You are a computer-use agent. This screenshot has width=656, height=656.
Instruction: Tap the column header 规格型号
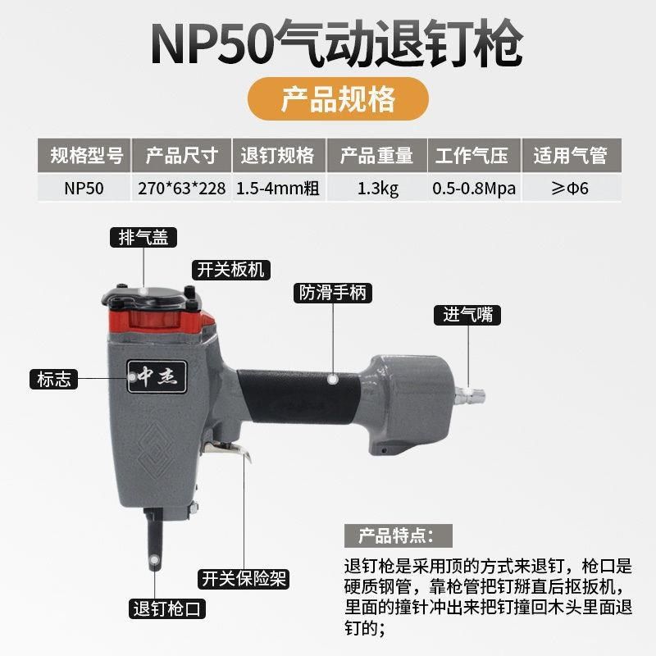(85, 155)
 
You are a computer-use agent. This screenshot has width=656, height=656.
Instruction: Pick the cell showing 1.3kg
(377, 188)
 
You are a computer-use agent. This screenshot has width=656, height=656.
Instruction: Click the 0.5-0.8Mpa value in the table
(474, 188)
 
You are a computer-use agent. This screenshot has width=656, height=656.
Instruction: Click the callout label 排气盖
(144, 238)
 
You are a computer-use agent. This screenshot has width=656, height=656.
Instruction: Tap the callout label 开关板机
(230, 269)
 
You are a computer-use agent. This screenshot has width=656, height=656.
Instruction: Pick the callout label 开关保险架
(244, 579)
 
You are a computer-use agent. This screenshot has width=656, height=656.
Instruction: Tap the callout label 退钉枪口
(167, 609)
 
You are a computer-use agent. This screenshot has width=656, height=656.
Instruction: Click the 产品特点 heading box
(394, 537)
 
